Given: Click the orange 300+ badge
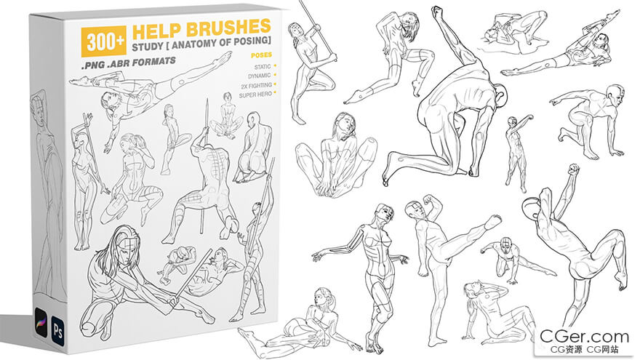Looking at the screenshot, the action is click(104, 41).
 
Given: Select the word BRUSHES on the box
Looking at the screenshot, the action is click(228, 28).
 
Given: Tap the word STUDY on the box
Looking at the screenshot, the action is click(148, 46).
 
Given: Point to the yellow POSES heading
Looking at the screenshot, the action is click(261, 55).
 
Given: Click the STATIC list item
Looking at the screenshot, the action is click(263, 66).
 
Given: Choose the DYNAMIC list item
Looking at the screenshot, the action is click(259, 76).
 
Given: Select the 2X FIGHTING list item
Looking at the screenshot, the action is click(256, 85).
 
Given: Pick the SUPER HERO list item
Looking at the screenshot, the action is click(255, 95).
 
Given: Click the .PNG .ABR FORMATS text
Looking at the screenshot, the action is click(129, 63).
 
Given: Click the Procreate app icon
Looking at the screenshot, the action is click(41, 322).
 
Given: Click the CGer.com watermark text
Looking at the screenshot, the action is click(584, 337).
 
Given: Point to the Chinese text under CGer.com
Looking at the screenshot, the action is click(584, 350).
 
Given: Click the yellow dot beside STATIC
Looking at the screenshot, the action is click(275, 65).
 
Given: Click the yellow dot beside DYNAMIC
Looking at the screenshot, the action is click(275, 75).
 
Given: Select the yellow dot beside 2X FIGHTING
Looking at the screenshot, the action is click(275, 84).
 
